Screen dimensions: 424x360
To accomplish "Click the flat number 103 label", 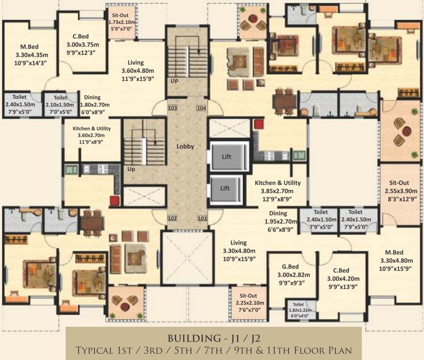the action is pyautogui.click(x=173, y=108).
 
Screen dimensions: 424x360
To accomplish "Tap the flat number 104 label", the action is pyautogui.click(x=201, y=108).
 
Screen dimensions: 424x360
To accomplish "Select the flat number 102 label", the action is pyautogui.click(x=172, y=218).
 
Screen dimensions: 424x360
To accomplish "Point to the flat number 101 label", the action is pyautogui.click(x=202, y=218).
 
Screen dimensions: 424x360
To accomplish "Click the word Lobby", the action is pyautogui.click(x=185, y=147).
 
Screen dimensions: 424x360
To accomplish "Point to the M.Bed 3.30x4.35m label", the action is pyautogui.click(x=31, y=55).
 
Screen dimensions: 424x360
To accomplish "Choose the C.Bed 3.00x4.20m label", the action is pyautogui.click(x=343, y=278).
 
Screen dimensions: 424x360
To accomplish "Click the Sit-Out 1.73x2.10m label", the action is pyautogui.click(x=121, y=22).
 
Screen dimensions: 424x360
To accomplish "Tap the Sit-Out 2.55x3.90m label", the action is pyautogui.click(x=401, y=191).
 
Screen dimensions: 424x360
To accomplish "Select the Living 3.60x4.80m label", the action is pyautogui.click(x=137, y=70).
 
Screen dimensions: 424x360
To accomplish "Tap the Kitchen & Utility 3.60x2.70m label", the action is pyautogui.click(x=91, y=135).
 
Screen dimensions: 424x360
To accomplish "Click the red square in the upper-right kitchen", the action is pyautogui.click(x=259, y=124).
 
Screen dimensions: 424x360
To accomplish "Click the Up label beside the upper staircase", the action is pyautogui.click(x=174, y=81).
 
